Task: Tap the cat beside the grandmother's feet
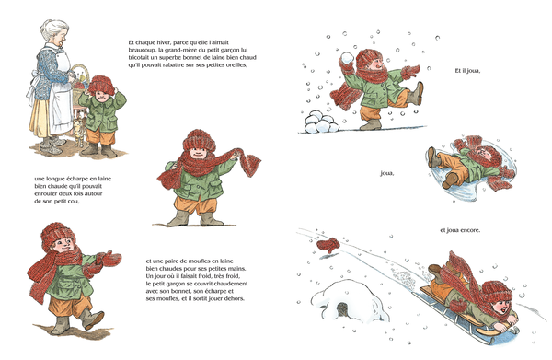[79, 132]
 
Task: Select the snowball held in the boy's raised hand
[348, 60]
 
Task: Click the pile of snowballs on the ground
[321, 122]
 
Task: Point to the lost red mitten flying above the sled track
[328, 245]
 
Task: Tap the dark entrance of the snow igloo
[342, 310]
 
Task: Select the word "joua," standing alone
[387, 174]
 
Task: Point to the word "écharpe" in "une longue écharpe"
[76, 179]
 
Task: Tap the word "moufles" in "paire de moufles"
[200, 261]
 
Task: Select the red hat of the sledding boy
[497, 290]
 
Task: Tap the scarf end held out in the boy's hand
[250, 162]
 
